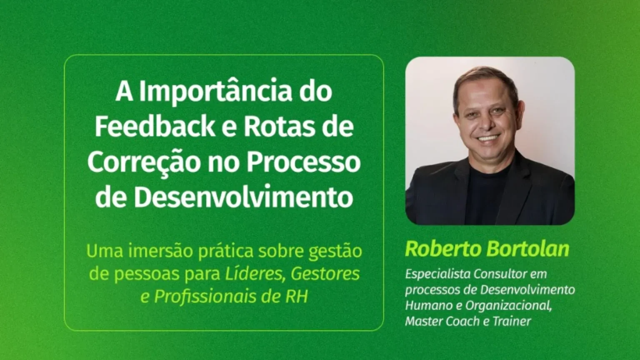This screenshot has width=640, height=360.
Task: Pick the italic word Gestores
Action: click(x=325, y=274)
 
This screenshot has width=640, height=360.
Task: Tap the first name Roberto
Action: click(x=443, y=249)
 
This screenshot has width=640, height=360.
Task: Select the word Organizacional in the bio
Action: click(x=508, y=306)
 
